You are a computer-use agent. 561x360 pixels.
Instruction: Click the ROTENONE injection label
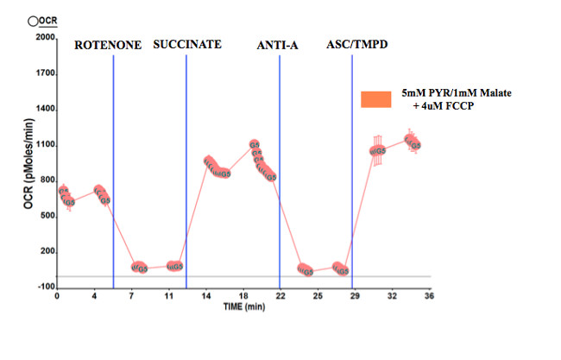[x=109, y=44]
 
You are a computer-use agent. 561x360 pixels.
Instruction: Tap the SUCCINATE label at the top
[x=187, y=44]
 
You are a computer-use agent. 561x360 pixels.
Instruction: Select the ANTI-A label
[x=277, y=44]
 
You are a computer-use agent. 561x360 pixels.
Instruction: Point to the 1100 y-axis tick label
[x=45, y=145]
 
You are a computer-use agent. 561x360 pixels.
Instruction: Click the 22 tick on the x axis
[x=280, y=296]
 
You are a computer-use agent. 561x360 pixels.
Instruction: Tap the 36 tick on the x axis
[x=428, y=296]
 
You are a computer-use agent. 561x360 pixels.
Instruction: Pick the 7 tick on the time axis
[x=130, y=296]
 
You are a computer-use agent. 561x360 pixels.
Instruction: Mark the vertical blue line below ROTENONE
[x=113, y=173]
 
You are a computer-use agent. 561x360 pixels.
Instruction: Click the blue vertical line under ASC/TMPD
[x=352, y=173]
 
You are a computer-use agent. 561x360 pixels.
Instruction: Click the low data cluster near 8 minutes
[x=139, y=268]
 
